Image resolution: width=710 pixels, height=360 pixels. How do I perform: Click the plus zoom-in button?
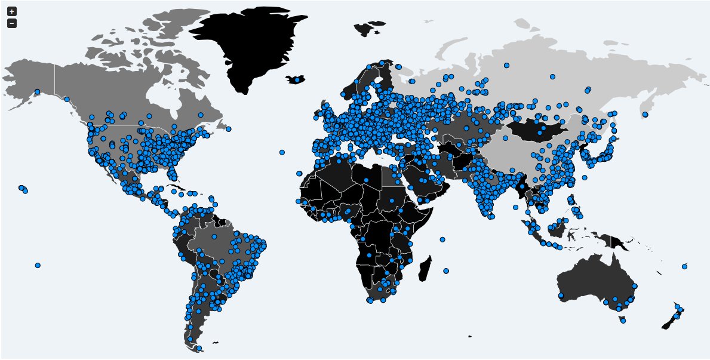[x=12, y=11]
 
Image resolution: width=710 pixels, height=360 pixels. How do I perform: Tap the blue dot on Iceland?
[x=297, y=79]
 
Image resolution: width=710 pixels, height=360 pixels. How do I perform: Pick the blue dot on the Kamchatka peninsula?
[x=645, y=114]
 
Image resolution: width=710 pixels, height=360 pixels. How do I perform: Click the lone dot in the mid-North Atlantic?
[x=282, y=152]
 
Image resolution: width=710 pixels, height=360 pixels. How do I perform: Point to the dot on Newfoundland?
[x=229, y=129]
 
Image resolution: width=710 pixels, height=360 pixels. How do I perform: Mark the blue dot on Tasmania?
[x=623, y=321]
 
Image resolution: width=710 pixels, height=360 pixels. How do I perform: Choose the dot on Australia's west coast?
[x=561, y=296]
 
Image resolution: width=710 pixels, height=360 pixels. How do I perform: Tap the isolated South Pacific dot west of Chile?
[x=38, y=265]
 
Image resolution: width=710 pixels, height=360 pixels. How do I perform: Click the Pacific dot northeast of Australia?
[x=684, y=266]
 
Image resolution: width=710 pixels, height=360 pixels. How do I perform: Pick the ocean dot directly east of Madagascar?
[x=446, y=271]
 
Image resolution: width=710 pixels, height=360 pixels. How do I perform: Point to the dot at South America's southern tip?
[x=199, y=348]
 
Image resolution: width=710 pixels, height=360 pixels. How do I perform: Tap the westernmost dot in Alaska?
[x=37, y=92]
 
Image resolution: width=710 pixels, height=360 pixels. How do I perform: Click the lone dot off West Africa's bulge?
[x=299, y=174]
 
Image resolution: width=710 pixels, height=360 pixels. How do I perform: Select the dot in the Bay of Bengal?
[x=513, y=207]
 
